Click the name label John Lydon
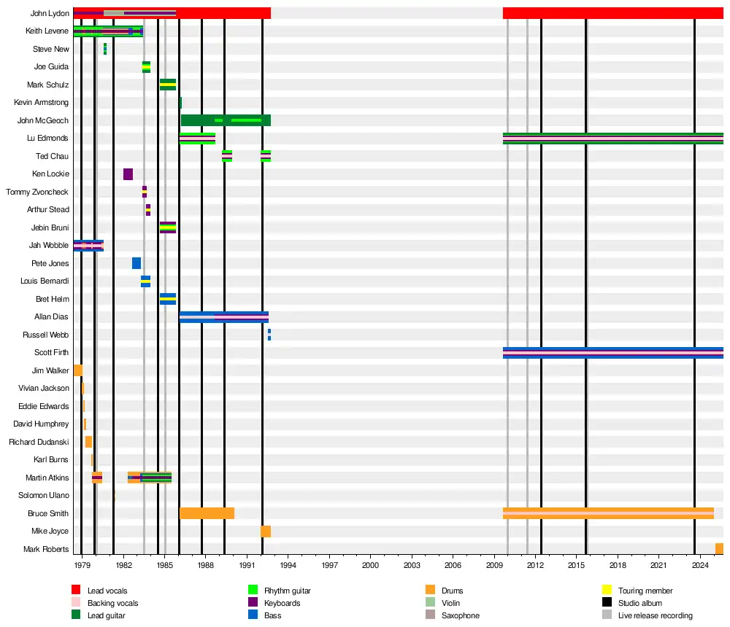point(50,13)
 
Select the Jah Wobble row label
point(49,246)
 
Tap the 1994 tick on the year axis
point(288,565)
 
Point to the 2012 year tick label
point(535,565)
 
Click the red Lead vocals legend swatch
point(75,590)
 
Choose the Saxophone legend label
point(461,616)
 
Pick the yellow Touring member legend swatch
point(607,590)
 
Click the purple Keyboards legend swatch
point(253,603)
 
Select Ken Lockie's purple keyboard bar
point(128,174)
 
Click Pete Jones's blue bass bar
point(137,263)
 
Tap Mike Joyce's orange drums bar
point(266,531)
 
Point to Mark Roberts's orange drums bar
point(719,549)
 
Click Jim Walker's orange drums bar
point(77,370)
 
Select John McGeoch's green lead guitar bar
point(226,120)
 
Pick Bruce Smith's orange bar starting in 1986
point(207,513)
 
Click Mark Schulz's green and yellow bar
point(168,85)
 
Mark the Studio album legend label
point(640,603)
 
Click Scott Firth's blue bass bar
point(612,353)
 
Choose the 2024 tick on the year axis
point(700,565)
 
